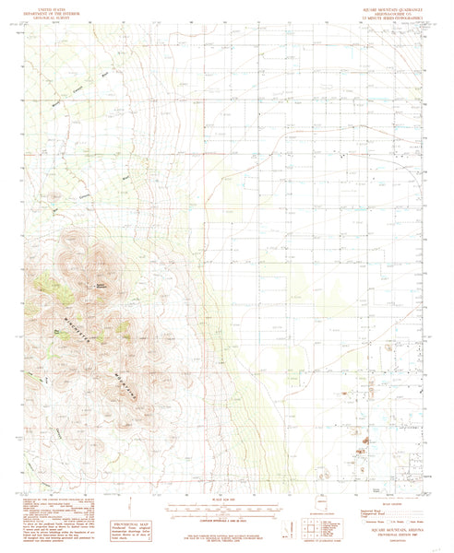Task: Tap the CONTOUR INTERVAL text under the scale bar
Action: pyautogui.click(x=226, y=505)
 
